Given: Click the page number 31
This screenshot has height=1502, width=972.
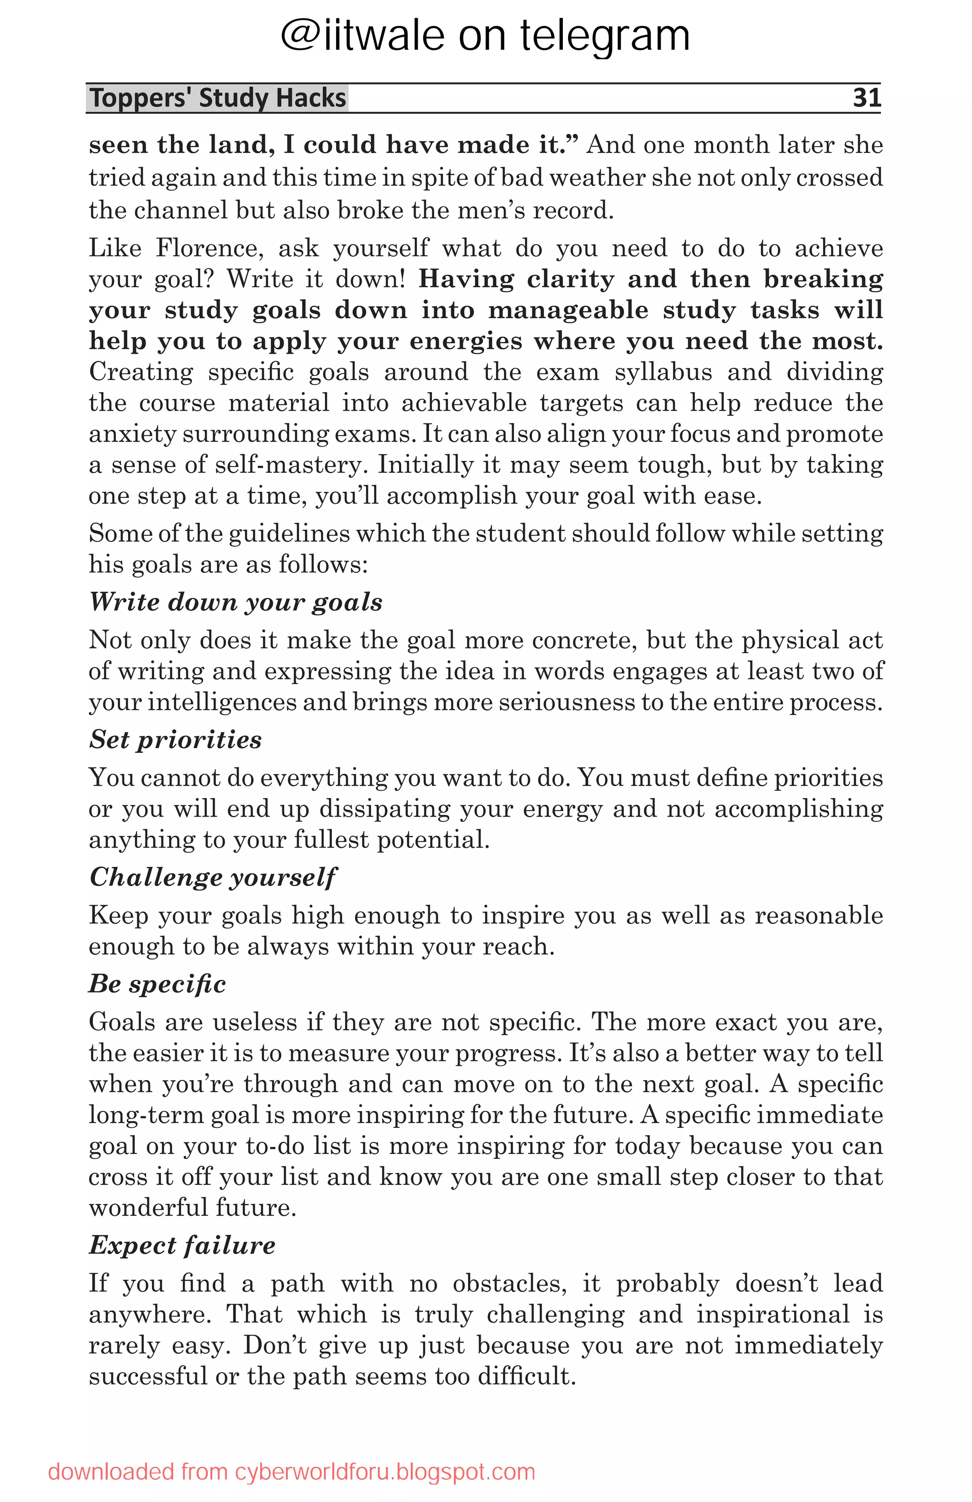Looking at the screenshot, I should click(x=866, y=98).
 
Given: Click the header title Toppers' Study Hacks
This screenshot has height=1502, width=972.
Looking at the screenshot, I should click(x=218, y=98).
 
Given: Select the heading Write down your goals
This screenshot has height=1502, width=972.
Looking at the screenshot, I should click(x=235, y=601).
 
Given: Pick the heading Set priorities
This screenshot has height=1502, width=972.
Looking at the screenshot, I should click(x=175, y=739).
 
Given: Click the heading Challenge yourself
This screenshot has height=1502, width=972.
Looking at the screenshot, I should click(x=213, y=877).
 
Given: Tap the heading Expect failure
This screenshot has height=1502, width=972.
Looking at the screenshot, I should click(x=182, y=1245).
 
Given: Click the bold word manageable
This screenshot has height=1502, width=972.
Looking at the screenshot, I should click(x=568, y=310).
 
